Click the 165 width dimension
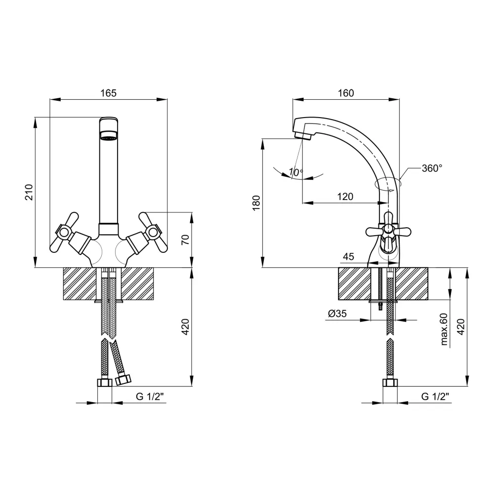tap(108, 93)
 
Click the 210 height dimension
tap(29, 192)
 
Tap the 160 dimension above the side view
tap(346, 93)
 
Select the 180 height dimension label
tap(257, 203)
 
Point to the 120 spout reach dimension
tap(345, 197)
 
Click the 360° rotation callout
tap(432, 168)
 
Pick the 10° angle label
tap(296, 172)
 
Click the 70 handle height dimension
tap(186, 240)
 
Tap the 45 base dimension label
tap(348, 257)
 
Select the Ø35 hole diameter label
tap(337, 314)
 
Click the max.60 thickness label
tap(444, 329)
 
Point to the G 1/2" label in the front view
tap(150, 396)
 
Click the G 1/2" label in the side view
tap(435, 396)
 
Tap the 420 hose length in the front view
tap(186, 327)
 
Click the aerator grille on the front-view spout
tap(109, 136)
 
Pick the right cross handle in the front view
tap(153, 233)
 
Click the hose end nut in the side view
tap(390, 382)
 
